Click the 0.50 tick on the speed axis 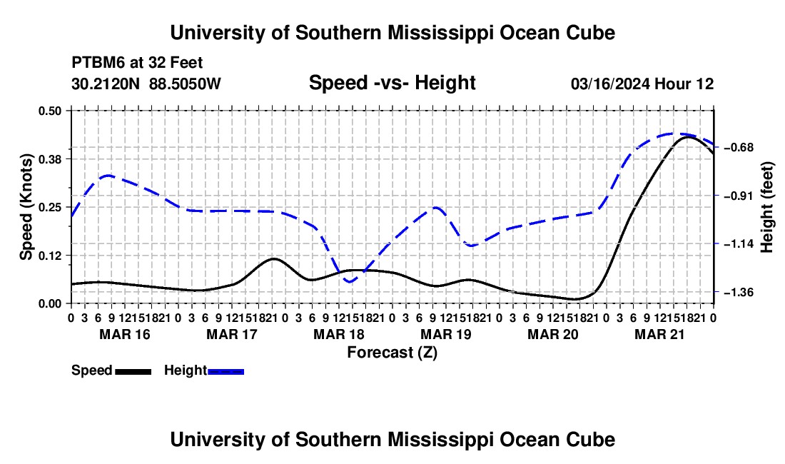click(x=49, y=111)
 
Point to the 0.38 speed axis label click(x=49, y=159)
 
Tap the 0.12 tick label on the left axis click(x=49, y=256)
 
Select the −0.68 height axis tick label click(x=739, y=147)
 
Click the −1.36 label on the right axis click(x=739, y=292)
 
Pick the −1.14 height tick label click(x=739, y=243)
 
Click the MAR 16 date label click(x=125, y=334)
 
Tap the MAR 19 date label click(x=446, y=334)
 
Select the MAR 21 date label click(x=659, y=334)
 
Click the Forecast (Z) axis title click(x=392, y=353)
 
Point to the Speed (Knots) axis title click(x=26, y=207)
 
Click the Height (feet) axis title click(x=767, y=207)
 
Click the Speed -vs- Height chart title click(x=392, y=83)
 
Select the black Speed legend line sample click(x=133, y=371)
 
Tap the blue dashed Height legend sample click(x=226, y=371)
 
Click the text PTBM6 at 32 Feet click(x=137, y=63)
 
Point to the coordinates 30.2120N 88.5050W click(x=146, y=84)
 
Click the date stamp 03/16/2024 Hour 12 click(x=642, y=84)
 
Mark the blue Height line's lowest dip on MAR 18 click(x=350, y=282)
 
